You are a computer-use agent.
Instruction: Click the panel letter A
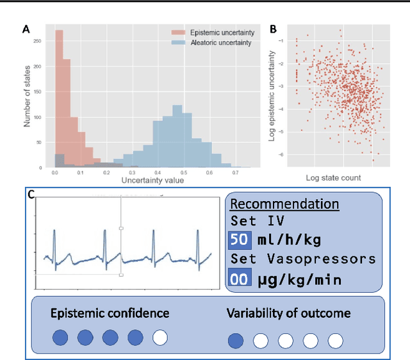[x=26, y=28]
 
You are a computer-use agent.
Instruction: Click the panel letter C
[x=31, y=195]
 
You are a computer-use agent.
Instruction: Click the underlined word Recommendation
[x=284, y=204]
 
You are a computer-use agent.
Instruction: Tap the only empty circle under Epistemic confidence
[x=160, y=338]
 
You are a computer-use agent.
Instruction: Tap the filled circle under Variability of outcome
[x=236, y=340]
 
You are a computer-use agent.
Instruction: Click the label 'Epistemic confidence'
[x=110, y=313]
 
